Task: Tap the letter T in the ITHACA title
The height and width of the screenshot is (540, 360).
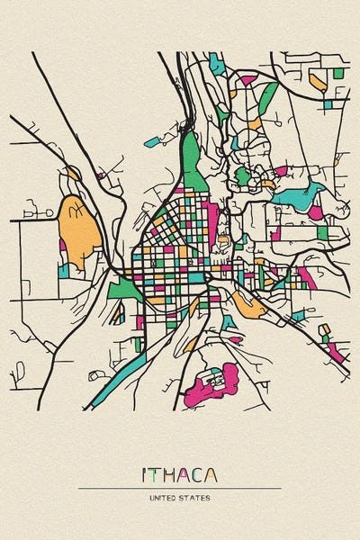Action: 154,474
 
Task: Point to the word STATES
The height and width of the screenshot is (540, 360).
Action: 195,496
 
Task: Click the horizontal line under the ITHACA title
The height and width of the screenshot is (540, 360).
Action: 180,488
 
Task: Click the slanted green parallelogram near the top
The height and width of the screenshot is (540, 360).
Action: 267,96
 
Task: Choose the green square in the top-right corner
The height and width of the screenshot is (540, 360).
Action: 338,73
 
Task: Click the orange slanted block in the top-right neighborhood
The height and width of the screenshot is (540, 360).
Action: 317,82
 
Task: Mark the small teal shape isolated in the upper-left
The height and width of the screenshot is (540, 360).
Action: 149,141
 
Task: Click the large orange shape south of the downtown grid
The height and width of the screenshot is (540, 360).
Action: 249,306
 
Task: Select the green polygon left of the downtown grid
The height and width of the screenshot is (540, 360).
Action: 123,289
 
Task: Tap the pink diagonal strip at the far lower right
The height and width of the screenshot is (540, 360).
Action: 336,353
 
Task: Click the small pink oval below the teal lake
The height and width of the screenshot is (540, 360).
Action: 316,212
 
